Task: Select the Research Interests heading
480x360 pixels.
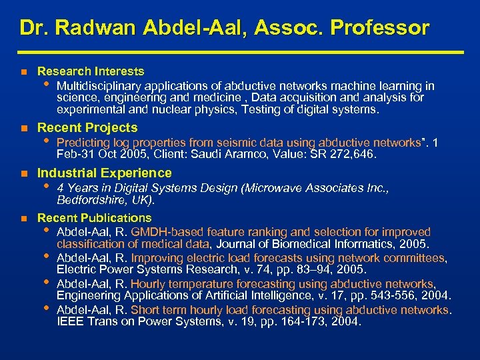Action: (x=91, y=71)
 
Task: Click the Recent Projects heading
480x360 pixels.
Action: (x=87, y=127)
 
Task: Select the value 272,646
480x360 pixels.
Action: (x=353, y=154)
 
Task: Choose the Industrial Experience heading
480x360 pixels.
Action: (x=104, y=173)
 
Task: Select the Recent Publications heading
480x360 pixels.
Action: (x=94, y=218)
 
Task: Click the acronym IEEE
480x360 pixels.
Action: (x=70, y=321)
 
